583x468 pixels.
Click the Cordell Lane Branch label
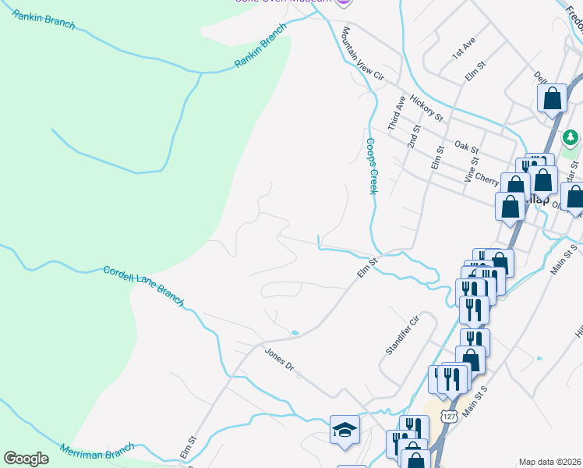pos(143,285)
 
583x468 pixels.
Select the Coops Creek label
pos(372,166)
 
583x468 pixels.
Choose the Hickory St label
pos(426,108)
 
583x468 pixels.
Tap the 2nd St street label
pos(414,137)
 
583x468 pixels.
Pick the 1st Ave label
pos(462,51)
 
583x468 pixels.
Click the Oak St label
pos(466,147)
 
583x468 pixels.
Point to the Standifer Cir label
pos(402,335)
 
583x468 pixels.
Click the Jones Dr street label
pos(278,360)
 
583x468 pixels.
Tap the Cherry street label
pos(486,179)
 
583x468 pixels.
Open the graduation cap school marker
pos(344,429)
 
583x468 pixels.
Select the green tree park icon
pos(571,138)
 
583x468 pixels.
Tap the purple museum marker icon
pos(340,2)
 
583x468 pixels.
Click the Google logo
pos(26,459)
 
